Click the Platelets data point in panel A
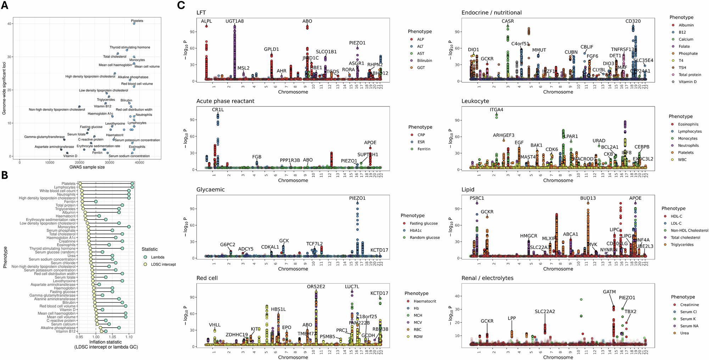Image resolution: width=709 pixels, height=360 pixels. pos(134,23)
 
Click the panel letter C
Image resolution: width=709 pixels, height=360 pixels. pos(181,5)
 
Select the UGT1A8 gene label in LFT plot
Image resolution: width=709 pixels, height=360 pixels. pos(235,21)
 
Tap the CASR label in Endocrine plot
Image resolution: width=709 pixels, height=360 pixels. pos(508,21)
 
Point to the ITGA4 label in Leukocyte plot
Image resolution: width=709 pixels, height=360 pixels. pos(496,110)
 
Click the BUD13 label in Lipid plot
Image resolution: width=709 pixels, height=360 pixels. pos(588,198)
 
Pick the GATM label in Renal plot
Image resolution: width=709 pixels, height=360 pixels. pos(609,292)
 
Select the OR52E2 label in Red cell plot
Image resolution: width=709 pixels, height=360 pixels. pos(316,287)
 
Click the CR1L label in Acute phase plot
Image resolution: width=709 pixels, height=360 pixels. pos(218,110)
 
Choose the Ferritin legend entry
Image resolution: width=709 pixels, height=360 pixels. pos(424,149)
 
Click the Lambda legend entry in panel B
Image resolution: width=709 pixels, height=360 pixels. pos(157,257)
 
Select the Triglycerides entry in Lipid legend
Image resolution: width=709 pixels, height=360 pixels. pos(682,245)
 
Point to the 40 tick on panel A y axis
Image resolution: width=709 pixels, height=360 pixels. pos(10,24)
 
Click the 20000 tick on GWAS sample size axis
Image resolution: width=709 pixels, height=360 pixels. pos(80,163)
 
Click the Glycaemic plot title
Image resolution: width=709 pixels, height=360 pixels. pos(210,189)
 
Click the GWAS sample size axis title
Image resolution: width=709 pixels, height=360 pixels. pos(87,167)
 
